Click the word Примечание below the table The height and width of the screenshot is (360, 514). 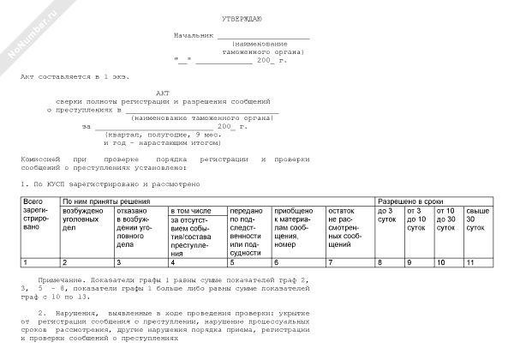pos(64,280)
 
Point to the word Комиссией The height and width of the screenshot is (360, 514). pos(40,160)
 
